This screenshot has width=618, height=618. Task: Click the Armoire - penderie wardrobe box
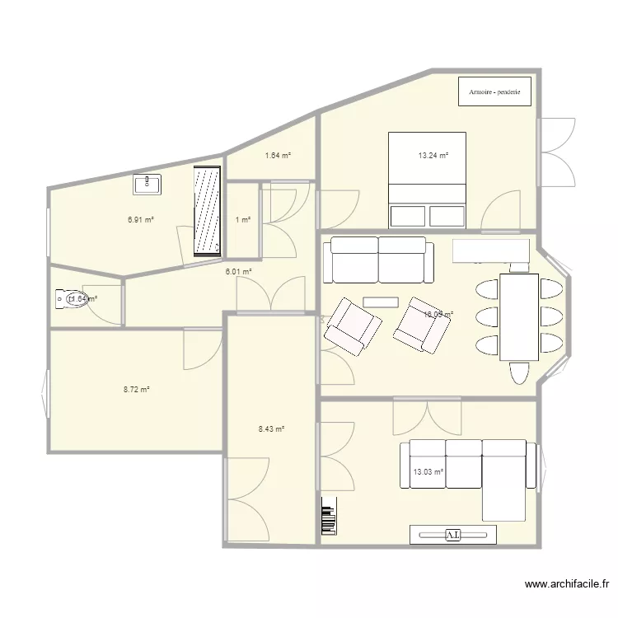494,91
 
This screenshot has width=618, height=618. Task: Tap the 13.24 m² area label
433,155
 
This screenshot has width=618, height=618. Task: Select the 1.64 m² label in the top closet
277,155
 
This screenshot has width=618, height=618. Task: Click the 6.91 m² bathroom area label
141,220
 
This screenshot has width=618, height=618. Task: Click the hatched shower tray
207,212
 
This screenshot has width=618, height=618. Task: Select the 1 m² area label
242,219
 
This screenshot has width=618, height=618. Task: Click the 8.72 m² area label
136,389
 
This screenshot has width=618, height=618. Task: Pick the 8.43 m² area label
271,428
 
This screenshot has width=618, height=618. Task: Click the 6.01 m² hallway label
239,271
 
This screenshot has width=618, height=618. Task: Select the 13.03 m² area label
428,471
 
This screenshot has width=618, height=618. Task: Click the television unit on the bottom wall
454,535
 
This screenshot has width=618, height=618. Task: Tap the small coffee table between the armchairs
381,301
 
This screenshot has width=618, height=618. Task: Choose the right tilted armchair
423,325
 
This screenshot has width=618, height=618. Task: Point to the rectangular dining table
517,316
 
